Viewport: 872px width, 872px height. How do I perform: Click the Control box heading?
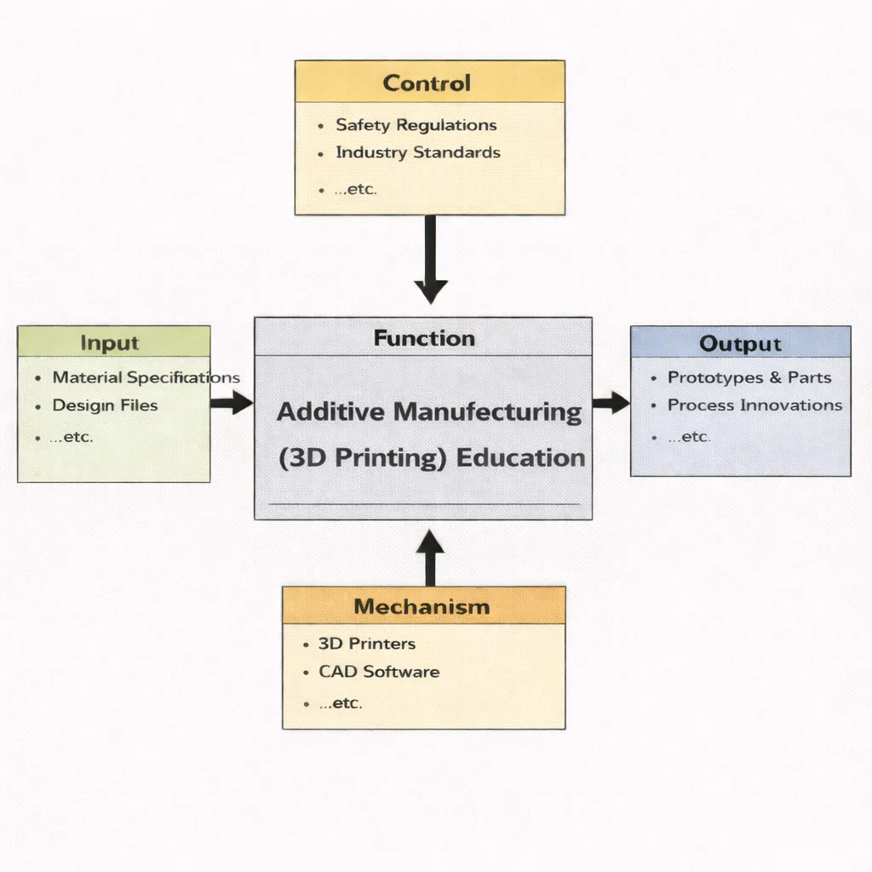point(427,83)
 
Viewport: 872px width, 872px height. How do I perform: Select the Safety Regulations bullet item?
point(416,125)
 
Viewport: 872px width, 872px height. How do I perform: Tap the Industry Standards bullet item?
point(417,153)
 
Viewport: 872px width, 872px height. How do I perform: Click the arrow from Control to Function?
point(430,260)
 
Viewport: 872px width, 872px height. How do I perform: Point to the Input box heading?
point(109,343)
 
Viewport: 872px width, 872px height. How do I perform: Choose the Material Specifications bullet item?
point(146,377)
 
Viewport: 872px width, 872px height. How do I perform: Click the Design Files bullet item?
point(105,405)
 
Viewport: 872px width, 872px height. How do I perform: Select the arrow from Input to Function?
point(231,403)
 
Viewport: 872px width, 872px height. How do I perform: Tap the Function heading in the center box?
point(424,338)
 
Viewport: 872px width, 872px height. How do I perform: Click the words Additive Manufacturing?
point(429,412)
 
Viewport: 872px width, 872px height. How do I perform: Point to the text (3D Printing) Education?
point(432,458)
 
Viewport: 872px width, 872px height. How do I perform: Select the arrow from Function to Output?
point(611,403)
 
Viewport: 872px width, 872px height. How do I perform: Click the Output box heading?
point(740,344)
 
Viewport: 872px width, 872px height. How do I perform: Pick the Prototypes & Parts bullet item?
point(749,377)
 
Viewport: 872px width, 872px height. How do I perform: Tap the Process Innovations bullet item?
point(754,405)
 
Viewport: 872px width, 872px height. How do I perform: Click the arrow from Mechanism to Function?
point(430,557)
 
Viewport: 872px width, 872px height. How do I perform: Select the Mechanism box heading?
point(422,607)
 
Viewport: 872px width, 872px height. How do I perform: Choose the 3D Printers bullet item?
point(366,644)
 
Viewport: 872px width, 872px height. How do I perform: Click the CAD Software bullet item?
point(379,672)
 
